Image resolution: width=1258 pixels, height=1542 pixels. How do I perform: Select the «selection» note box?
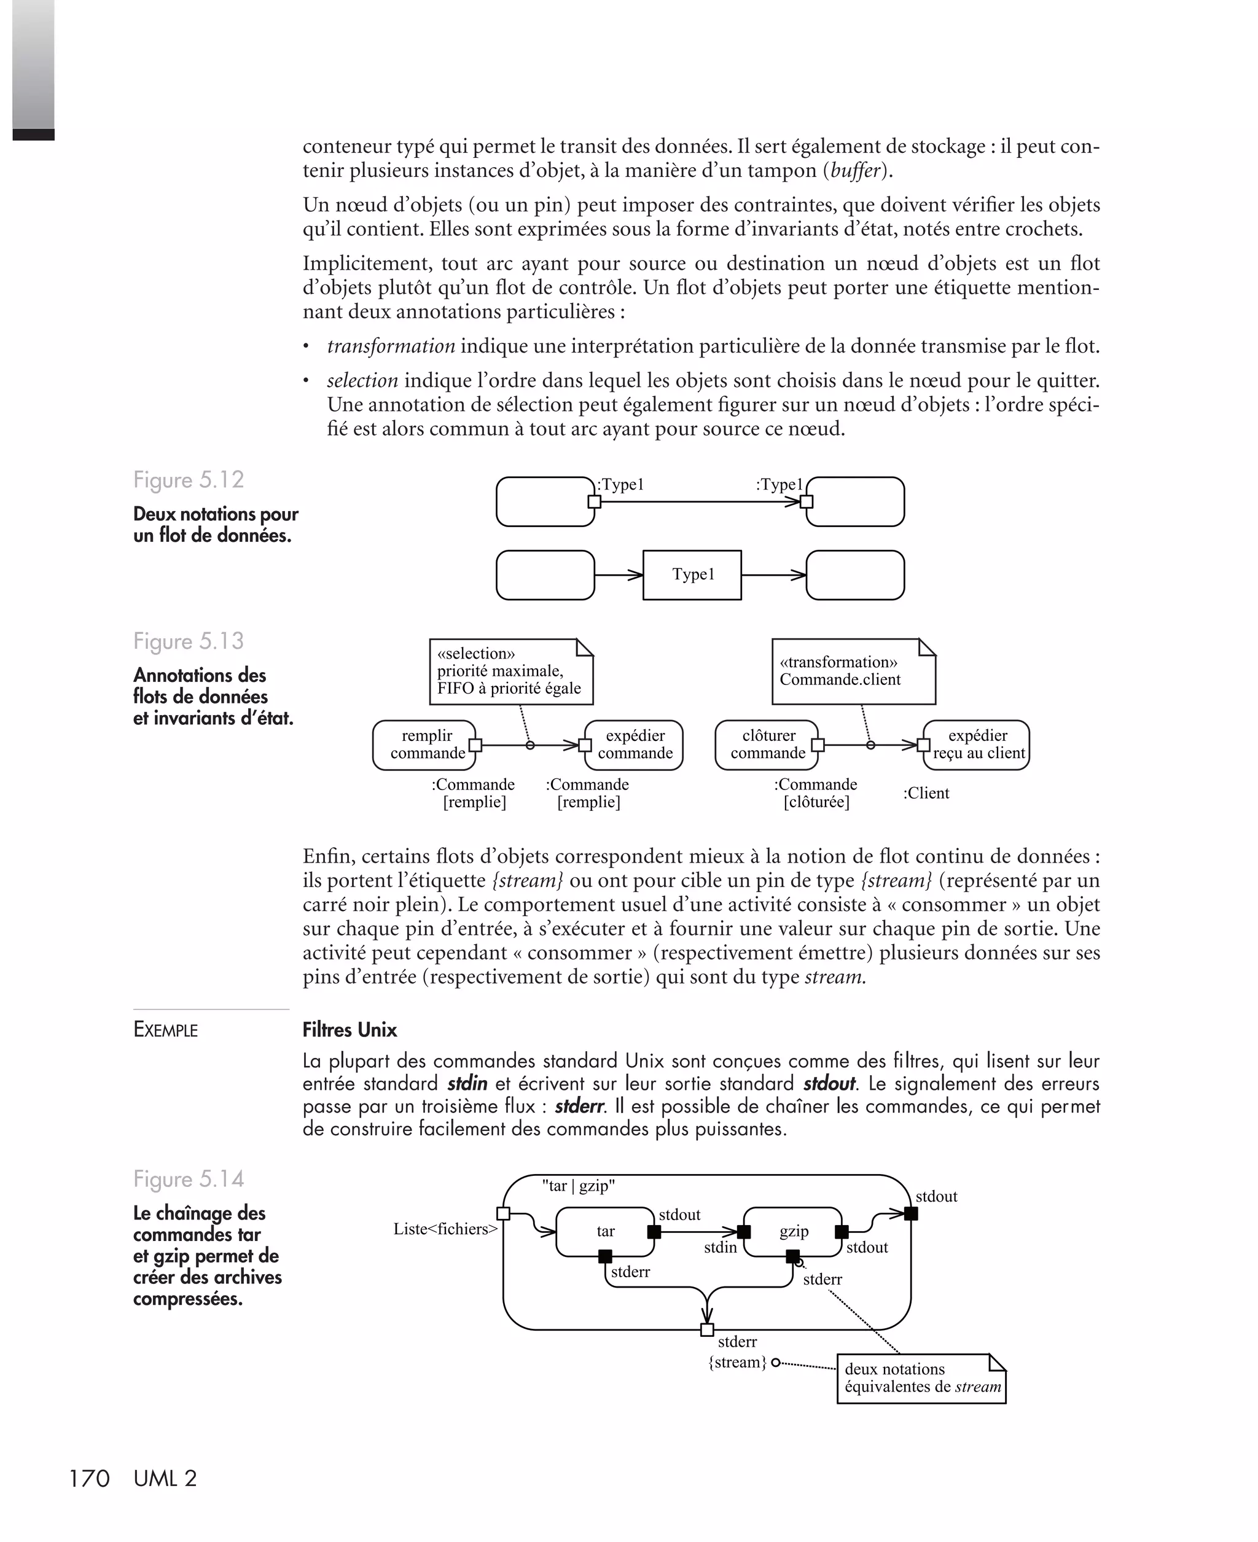(x=511, y=671)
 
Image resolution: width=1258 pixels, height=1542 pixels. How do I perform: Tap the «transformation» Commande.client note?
(x=853, y=671)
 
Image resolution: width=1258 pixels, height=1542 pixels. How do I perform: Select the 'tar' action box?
(x=605, y=1231)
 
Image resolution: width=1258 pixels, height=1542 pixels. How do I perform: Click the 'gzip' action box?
(x=794, y=1231)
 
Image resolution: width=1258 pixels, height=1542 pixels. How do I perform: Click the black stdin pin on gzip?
(x=743, y=1232)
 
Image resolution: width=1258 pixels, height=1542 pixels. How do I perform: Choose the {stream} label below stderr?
(x=737, y=1362)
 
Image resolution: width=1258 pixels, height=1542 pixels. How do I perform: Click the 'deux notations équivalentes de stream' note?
(x=922, y=1378)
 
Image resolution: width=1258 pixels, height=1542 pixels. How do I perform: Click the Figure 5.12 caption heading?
(x=189, y=480)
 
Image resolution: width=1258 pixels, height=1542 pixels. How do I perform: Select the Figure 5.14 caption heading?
(x=189, y=1179)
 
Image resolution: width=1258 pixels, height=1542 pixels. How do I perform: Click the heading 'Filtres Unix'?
(x=350, y=1030)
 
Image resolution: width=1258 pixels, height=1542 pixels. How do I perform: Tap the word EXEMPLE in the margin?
(x=165, y=1030)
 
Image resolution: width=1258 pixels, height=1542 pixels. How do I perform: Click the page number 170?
(x=88, y=1478)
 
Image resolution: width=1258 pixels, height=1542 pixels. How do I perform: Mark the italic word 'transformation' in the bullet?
(x=391, y=346)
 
